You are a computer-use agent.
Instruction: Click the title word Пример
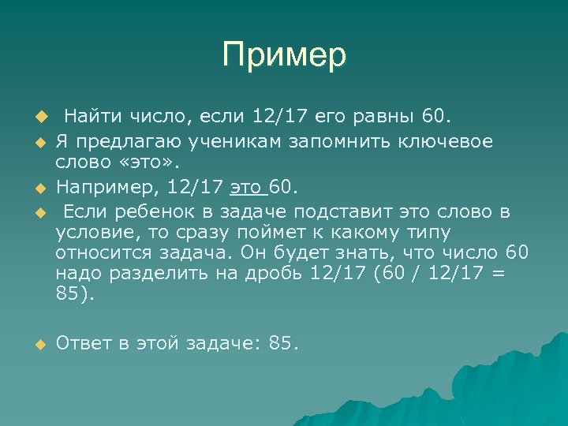tap(284, 55)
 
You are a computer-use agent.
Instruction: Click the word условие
tap(92, 234)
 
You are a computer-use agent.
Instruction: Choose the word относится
tap(102, 253)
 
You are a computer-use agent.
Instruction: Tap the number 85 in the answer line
tap(282, 343)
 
